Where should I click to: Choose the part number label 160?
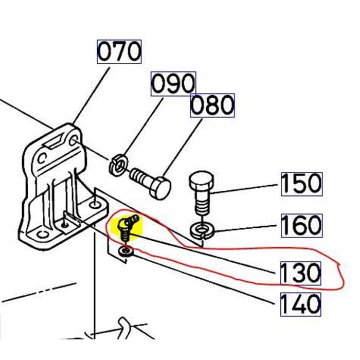pos(301,225)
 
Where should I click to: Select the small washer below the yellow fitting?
pos(124,252)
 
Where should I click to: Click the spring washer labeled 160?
pos(202,229)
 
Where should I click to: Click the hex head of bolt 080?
pos(160,187)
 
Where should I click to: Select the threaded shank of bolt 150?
pos(201,206)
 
